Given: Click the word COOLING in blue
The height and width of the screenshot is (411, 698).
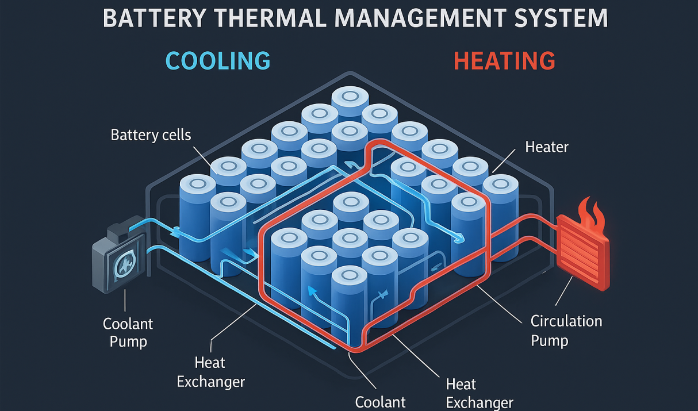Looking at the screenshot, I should (x=218, y=60).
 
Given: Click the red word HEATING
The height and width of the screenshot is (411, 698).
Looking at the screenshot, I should (x=504, y=60).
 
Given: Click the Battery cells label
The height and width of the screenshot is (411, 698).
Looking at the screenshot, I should (x=151, y=136).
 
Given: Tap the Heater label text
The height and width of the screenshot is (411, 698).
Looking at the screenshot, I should (x=547, y=147).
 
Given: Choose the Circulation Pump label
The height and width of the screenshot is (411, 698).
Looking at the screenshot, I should (x=566, y=330).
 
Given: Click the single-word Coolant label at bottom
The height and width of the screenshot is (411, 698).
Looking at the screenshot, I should (x=380, y=401).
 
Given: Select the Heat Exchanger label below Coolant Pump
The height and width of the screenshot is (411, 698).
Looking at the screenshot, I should (x=210, y=372).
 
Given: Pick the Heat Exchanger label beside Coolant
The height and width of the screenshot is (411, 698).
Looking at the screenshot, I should (x=479, y=393).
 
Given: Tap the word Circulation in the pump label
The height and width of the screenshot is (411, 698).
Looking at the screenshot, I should (x=566, y=321).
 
